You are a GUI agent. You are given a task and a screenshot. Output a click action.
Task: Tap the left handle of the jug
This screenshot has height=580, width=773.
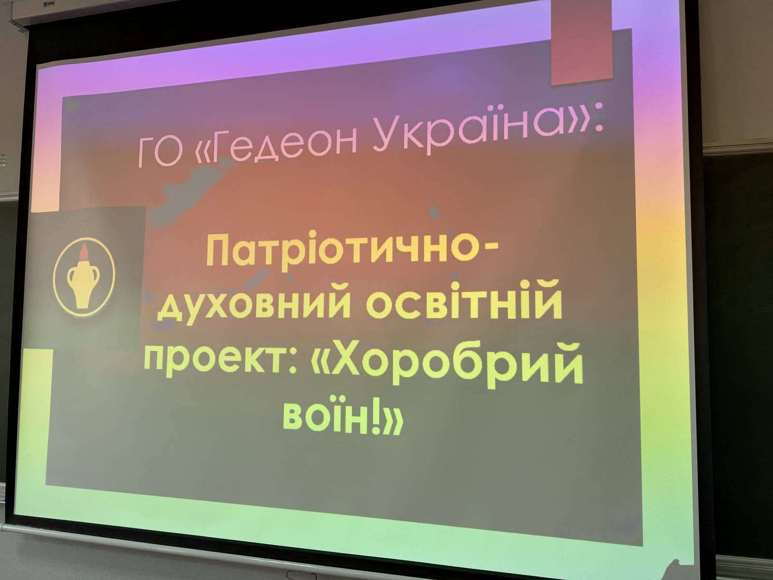71,276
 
